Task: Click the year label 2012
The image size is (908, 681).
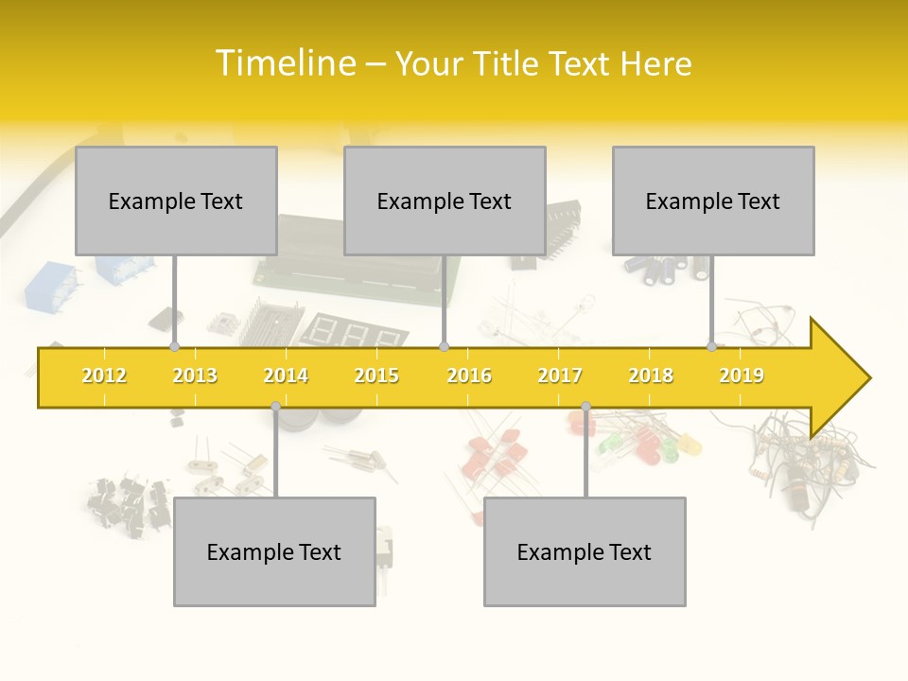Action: pyautogui.click(x=104, y=375)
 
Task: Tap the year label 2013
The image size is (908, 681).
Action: pyautogui.click(x=195, y=375)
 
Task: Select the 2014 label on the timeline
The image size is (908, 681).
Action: pyautogui.click(x=286, y=375)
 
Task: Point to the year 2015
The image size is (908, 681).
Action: pyautogui.click(x=376, y=375)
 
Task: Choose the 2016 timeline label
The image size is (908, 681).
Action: pyautogui.click(x=469, y=375)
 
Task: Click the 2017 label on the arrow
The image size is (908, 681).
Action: pyautogui.click(x=560, y=375)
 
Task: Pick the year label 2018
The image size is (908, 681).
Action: pyautogui.click(x=651, y=375)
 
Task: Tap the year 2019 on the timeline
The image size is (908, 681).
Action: pyautogui.click(x=742, y=375)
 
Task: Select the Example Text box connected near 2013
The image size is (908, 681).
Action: pyautogui.click(x=176, y=201)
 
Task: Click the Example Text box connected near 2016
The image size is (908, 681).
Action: pyautogui.click(x=445, y=201)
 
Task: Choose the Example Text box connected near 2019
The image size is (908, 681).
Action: pyautogui.click(x=713, y=201)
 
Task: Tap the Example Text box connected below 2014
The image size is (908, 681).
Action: pyautogui.click(x=274, y=551)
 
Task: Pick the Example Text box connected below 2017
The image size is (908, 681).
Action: pyautogui.click(x=585, y=551)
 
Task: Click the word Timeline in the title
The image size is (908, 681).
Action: pyautogui.click(x=284, y=63)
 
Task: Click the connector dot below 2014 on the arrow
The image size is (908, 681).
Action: pyautogui.click(x=275, y=406)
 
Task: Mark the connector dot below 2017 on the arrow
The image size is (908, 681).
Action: pyautogui.click(x=585, y=406)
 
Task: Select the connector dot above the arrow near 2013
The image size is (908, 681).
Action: pyautogui.click(x=174, y=347)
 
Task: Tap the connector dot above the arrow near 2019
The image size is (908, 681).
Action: pyautogui.click(x=711, y=347)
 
